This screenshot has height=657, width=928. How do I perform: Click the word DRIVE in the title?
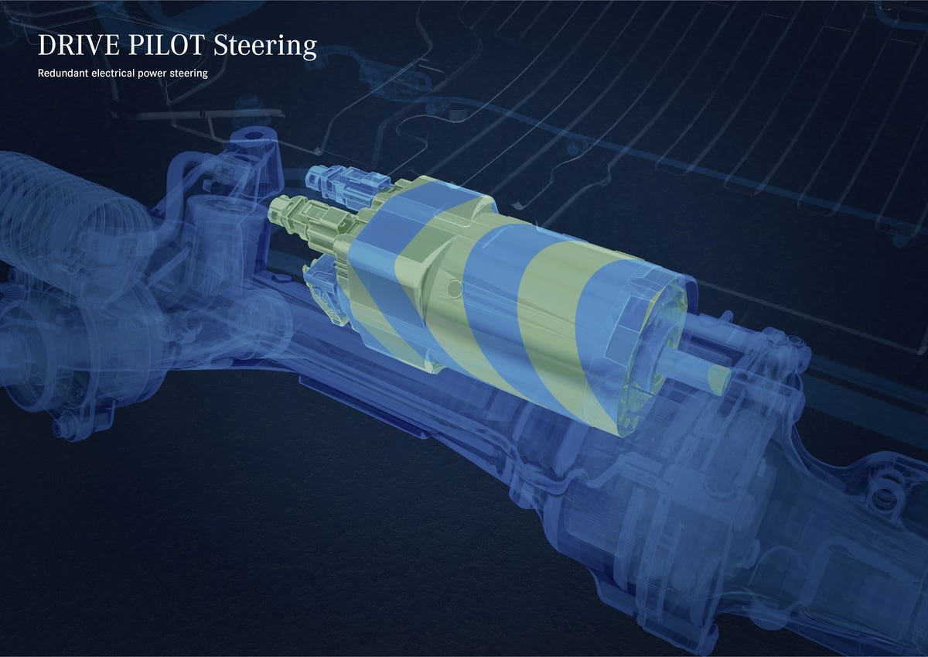(78, 45)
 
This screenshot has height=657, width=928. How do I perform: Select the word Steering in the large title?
(265, 47)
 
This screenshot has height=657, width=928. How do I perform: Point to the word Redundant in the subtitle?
(63, 74)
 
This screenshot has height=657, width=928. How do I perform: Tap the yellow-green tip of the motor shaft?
(718, 378)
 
